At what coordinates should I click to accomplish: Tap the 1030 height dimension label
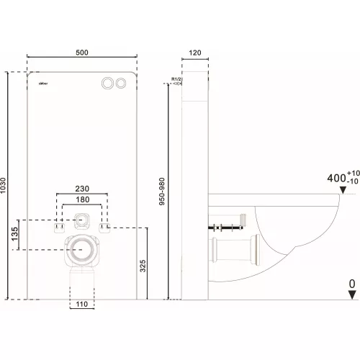click(x=6, y=184)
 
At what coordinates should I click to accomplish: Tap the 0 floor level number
click(x=351, y=285)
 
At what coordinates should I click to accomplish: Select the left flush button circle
click(x=108, y=84)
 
